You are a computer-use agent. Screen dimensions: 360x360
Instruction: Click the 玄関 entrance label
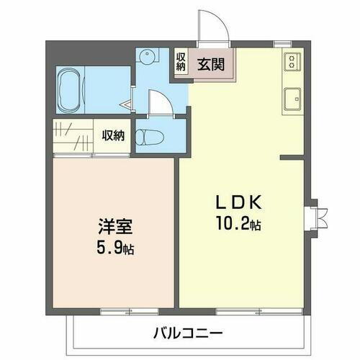(x=212, y=64)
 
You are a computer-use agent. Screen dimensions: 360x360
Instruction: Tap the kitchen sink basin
(x=292, y=99)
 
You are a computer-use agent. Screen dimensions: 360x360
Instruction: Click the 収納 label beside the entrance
(x=181, y=62)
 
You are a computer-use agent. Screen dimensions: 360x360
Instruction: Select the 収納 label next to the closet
(x=112, y=135)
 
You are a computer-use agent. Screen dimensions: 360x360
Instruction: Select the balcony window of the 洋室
(x=119, y=310)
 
